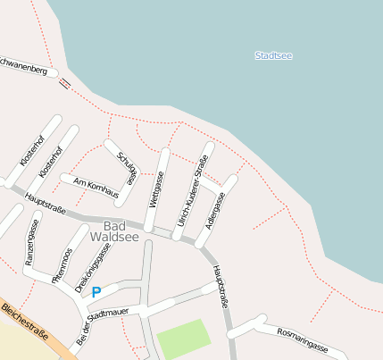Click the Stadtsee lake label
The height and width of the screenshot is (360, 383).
tap(273, 55)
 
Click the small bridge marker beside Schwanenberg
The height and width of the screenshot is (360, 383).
tap(64, 84)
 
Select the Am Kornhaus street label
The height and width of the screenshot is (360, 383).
tap(96, 188)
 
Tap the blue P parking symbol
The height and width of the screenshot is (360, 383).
tap(96, 292)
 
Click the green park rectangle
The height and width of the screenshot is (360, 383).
tap(184, 338)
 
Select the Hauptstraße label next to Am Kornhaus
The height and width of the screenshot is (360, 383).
tap(45, 203)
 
